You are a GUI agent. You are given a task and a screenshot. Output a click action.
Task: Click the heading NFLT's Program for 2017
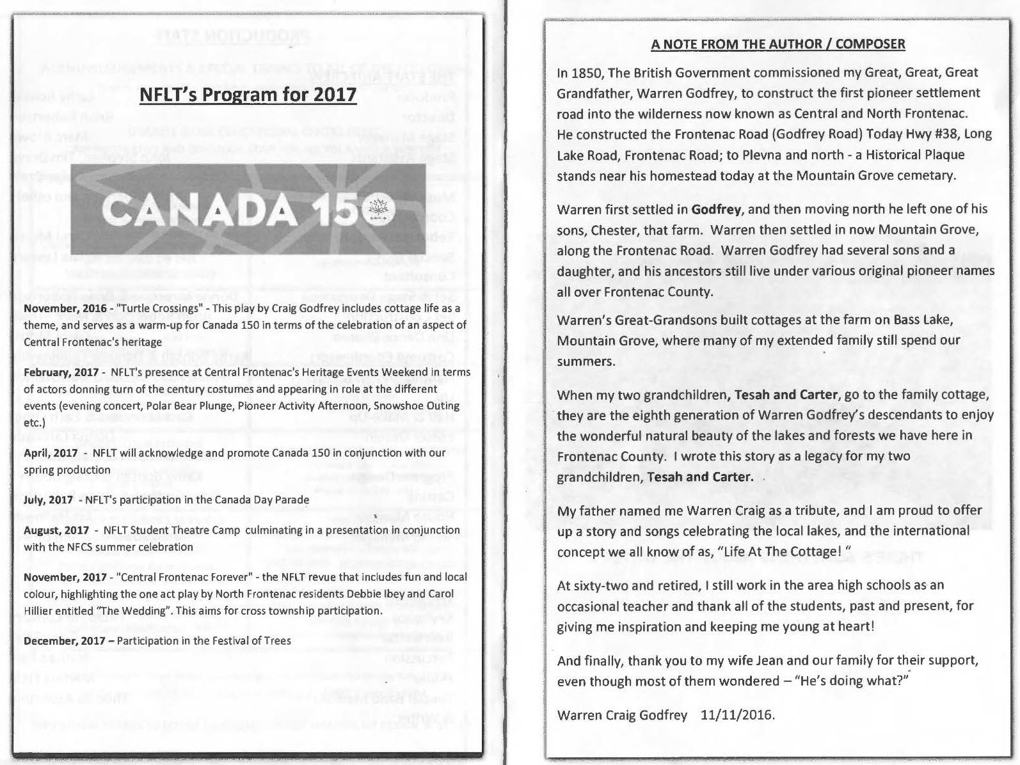(248, 95)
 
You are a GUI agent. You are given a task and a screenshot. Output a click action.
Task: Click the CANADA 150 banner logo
(248, 209)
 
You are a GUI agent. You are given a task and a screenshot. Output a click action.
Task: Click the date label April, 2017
(51, 453)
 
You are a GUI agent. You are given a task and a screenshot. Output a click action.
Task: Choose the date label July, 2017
(48, 500)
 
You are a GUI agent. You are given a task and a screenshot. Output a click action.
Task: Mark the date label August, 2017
(56, 530)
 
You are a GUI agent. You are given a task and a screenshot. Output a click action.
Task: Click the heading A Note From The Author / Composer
(777, 44)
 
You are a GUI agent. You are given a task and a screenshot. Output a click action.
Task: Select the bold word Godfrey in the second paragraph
(716, 209)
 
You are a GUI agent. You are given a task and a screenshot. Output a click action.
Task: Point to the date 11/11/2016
(737, 714)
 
